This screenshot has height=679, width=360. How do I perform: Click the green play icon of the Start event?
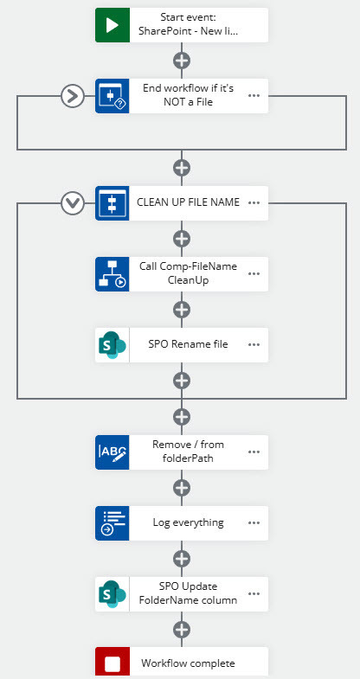[x=112, y=25]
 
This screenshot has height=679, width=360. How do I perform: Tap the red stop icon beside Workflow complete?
[x=112, y=663]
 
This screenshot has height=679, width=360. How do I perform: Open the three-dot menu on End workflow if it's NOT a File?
[x=254, y=96]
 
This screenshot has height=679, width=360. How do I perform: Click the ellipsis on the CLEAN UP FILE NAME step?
[x=254, y=202]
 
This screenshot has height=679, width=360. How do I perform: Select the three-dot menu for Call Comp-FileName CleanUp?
[x=254, y=273]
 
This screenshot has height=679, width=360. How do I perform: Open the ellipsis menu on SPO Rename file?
[x=254, y=345]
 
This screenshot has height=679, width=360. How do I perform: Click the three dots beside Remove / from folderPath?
[x=254, y=452]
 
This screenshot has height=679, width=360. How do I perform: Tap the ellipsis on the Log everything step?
[x=254, y=522]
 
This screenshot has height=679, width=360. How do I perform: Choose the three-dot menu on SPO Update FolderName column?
[x=254, y=593]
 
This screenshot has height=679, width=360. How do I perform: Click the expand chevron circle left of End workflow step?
[x=73, y=96]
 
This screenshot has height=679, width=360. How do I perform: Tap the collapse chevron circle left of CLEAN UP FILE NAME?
[x=73, y=202]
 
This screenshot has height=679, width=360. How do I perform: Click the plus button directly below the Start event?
[x=182, y=61]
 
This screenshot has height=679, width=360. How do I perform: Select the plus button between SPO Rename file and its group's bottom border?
[x=182, y=381]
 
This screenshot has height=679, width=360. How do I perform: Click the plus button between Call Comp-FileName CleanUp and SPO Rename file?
[x=182, y=309]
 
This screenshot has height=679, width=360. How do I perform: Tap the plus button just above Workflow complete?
[x=182, y=629]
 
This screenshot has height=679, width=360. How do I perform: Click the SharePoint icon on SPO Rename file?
[x=112, y=345]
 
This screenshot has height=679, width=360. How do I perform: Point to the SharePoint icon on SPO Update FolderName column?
[x=112, y=593]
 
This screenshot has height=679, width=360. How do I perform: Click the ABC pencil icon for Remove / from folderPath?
[x=112, y=452]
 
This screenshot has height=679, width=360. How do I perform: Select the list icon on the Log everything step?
[x=112, y=523]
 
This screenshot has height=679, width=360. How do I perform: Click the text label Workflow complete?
[x=188, y=663]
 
